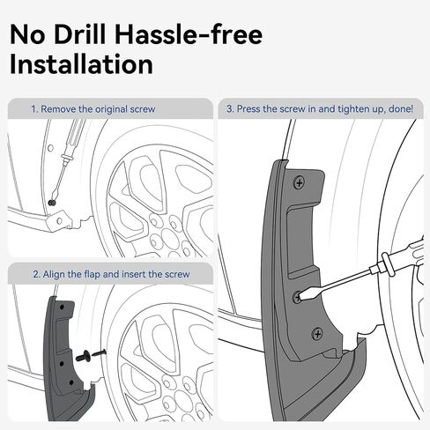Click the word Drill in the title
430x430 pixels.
(x=80, y=34)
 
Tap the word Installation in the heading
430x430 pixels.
(x=82, y=64)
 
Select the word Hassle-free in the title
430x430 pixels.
(x=188, y=34)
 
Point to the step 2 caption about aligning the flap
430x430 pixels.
(x=111, y=274)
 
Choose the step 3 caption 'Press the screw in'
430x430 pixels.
(x=320, y=108)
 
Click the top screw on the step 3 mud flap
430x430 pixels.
(x=300, y=183)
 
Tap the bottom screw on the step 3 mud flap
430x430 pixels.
(x=317, y=334)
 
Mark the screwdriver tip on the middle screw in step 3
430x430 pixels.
(x=300, y=297)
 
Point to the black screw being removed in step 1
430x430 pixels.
(x=53, y=203)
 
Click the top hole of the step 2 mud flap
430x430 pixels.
(x=62, y=307)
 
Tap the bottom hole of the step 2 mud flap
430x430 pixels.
(x=71, y=382)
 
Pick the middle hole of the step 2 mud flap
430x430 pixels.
(x=62, y=364)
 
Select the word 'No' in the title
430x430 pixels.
(x=27, y=34)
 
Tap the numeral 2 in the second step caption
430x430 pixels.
(x=36, y=274)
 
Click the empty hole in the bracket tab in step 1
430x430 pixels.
(x=60, y=220)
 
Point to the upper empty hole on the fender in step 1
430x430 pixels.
(x=50, y=148)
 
